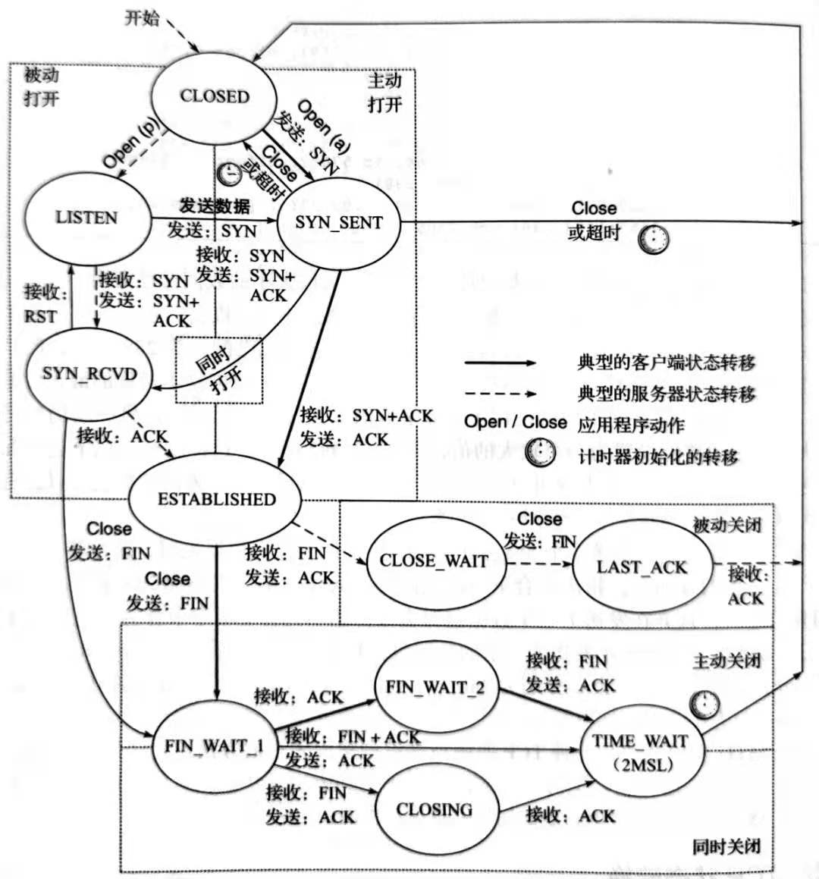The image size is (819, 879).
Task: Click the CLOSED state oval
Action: pos(215,96)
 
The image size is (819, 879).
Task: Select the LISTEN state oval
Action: pos(87,218)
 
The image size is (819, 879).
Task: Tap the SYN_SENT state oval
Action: pos(338,222)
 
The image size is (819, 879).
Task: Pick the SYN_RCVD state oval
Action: pos(89,373)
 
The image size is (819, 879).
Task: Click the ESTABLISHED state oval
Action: pos(216,499)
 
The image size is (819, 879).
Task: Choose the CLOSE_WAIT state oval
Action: pos(433,561)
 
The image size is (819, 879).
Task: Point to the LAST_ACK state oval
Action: pos(642,567)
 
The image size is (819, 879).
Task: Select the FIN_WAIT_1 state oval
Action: pos(214,746)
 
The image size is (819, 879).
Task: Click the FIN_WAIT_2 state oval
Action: pos(435,688)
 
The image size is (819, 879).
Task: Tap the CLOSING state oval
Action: pos(435,810)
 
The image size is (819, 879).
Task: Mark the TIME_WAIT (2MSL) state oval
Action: pos(641,752)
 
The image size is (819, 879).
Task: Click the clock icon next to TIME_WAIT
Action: pos(704,705)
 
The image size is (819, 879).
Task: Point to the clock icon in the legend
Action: pos(540,454)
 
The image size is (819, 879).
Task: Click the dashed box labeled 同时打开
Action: pos(219,370)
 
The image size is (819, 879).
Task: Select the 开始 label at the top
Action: pos(143,18)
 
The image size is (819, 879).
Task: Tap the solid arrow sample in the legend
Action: pos(500,363)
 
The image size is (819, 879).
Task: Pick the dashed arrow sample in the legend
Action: pos(500,394)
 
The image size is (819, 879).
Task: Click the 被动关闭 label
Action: pos(726,526)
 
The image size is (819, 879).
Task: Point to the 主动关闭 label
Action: pos(726,661)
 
